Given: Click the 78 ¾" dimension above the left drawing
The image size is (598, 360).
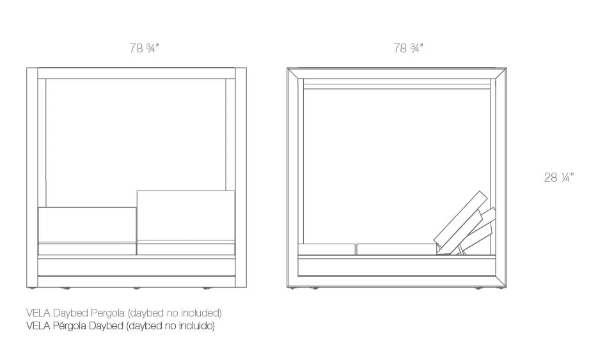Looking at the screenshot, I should pyautogui.click(x=144, y=49).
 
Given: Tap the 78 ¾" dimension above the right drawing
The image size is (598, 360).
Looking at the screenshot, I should pyautogui.click(x=408, y=49).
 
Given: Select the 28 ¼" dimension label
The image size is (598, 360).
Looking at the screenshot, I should pyautogui.click(x=558, y=178).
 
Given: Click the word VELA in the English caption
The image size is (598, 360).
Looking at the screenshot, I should pyautogui.click(x=38, y=313).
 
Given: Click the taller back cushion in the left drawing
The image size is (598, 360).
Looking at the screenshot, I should pyautogui.click(x=185, y=215).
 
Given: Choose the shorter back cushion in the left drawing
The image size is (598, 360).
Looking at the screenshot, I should pyautogui.click(x=87, y=224).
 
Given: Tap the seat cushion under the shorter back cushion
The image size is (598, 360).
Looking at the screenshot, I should pyautogui.click(x=87, y=249).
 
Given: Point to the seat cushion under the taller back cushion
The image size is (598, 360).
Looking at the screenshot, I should pyautogui.click(x=185, y=249).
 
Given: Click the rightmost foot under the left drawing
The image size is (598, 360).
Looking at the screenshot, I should pyautogui.click(x=206, y=288).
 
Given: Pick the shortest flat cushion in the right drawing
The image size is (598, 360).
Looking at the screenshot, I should pyautogui.click(x=327, y=249).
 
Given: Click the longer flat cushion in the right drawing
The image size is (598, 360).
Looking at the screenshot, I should pyautogui.click(x=395, y=249).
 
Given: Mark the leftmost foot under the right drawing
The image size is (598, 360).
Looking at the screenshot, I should pyautogui.click(x=294, y=288).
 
